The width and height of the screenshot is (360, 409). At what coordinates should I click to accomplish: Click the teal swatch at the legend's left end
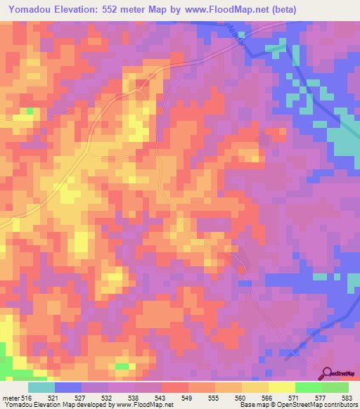coord(41,387)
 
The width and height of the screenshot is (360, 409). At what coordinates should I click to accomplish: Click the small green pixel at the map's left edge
coord(30,111)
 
